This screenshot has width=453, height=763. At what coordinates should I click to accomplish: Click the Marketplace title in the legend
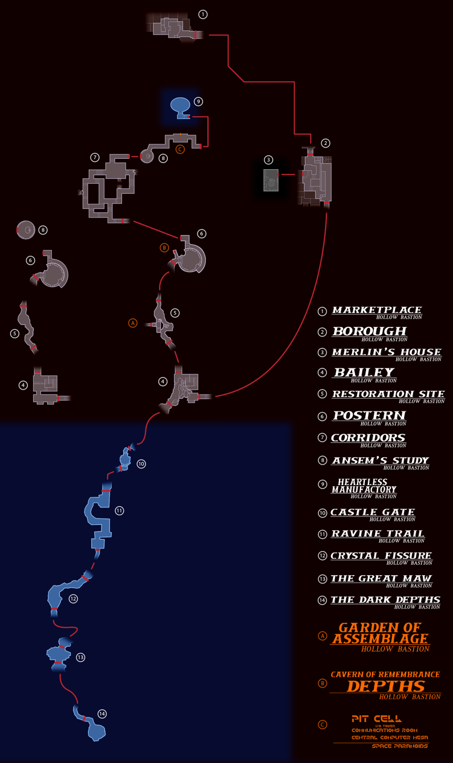(377, 310)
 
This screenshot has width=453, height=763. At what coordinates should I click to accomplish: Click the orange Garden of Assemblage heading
(379, 633)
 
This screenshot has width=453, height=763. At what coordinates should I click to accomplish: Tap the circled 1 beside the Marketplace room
(203, 14)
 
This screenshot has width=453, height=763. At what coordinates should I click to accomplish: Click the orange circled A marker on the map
(133, 323)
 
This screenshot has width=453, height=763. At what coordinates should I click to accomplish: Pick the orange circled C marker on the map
(179, 149)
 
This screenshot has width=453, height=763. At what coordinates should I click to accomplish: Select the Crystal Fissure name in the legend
(381, 555)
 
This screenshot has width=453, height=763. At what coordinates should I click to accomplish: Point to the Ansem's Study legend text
(380, 460)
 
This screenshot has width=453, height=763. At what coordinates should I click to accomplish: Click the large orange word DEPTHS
(385, 686)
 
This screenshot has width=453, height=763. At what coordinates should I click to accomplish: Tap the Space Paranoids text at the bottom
(400, 746)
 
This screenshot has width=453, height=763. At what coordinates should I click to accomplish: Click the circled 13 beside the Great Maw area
(80, 657)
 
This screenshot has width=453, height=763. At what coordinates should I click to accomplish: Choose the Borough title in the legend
(369, 331)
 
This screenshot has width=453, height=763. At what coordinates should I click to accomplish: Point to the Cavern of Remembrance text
(385, 674)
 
